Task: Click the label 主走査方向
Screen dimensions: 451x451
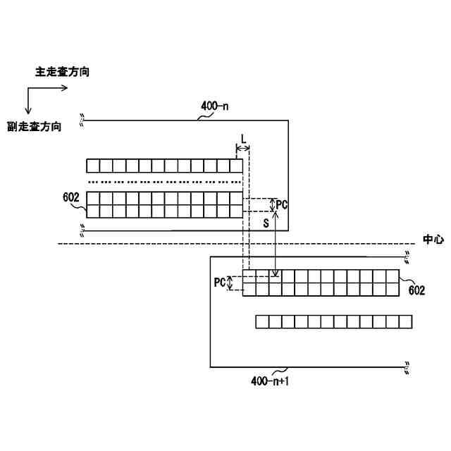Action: (x=62, y=72)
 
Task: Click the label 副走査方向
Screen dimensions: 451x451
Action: (x=33, y=127)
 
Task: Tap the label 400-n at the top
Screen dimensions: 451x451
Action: (x=216, y=106)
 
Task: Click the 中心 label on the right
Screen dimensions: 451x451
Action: (x=433, y=240)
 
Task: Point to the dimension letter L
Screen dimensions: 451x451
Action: (x=243, y=138)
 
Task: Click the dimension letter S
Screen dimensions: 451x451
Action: (x=266, y=223)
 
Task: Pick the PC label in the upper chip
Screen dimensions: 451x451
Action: (x=282, y=204)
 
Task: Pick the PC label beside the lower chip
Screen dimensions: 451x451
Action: (x=219, y=283)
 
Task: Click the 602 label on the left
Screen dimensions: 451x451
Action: (x=70, y=199)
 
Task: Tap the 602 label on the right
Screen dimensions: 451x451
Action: (x=416, y=290)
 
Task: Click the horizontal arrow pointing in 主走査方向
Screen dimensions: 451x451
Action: (x=47, y=88)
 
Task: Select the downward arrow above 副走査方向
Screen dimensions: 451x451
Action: (x=27, y=101)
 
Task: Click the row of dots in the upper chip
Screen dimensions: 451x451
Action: (x=164, y=182)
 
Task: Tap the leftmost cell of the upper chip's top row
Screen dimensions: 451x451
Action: (x=93, y=166)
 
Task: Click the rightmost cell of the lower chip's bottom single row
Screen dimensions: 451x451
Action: (x=404, y=322)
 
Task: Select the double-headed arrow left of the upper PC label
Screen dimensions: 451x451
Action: (x=273, y=204)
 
